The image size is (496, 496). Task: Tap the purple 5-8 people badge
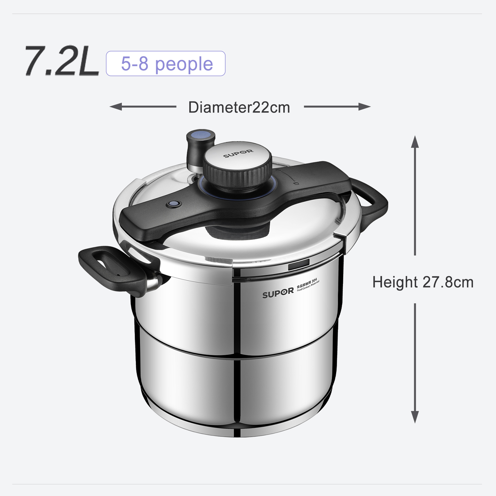tap(166, 64)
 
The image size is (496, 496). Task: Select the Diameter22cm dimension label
tap(239, 107)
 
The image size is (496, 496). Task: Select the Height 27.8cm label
tap(423, 282)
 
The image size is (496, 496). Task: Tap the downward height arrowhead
tap(414, 417)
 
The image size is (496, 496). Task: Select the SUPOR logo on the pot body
tap(278, 293)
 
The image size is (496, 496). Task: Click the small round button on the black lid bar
tap(174, 205)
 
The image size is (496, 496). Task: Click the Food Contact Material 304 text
tap(308, 285)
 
